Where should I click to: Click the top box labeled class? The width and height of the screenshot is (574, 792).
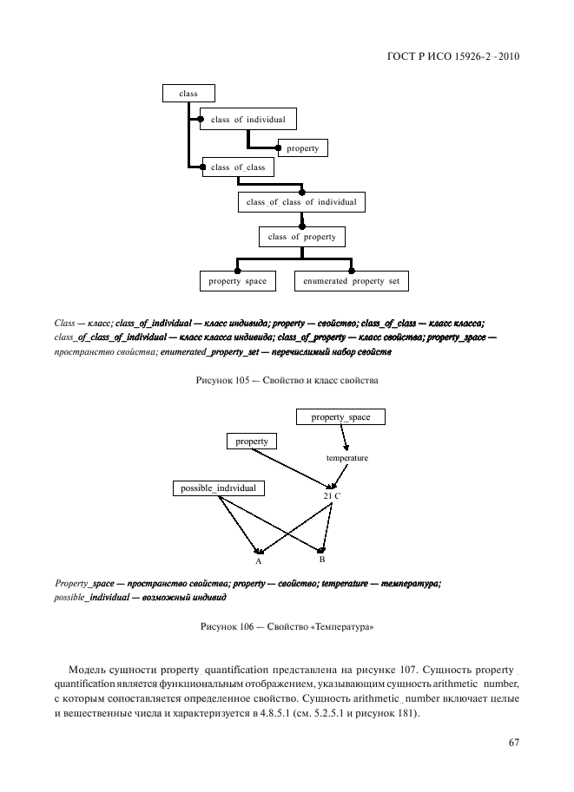pos(188,93)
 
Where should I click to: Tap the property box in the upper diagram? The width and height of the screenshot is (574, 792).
pos(303,148)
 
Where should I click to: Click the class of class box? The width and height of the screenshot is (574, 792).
pos(238,167)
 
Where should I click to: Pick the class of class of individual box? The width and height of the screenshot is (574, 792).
pos(301,202)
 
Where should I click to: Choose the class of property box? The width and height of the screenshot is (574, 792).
pos(301,236)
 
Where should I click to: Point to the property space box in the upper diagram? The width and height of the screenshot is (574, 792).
pos(238,282)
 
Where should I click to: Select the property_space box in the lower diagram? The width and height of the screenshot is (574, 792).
pos(340,417)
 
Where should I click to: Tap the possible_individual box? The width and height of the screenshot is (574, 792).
pos(218,488)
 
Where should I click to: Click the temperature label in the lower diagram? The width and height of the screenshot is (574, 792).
pos(347,457)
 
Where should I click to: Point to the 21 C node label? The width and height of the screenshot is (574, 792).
pos(332,494)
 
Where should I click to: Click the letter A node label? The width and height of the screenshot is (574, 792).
pos(259,561)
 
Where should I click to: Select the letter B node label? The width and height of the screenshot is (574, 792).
pos(321,560)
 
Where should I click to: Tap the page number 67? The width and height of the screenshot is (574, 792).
pos(513,742)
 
